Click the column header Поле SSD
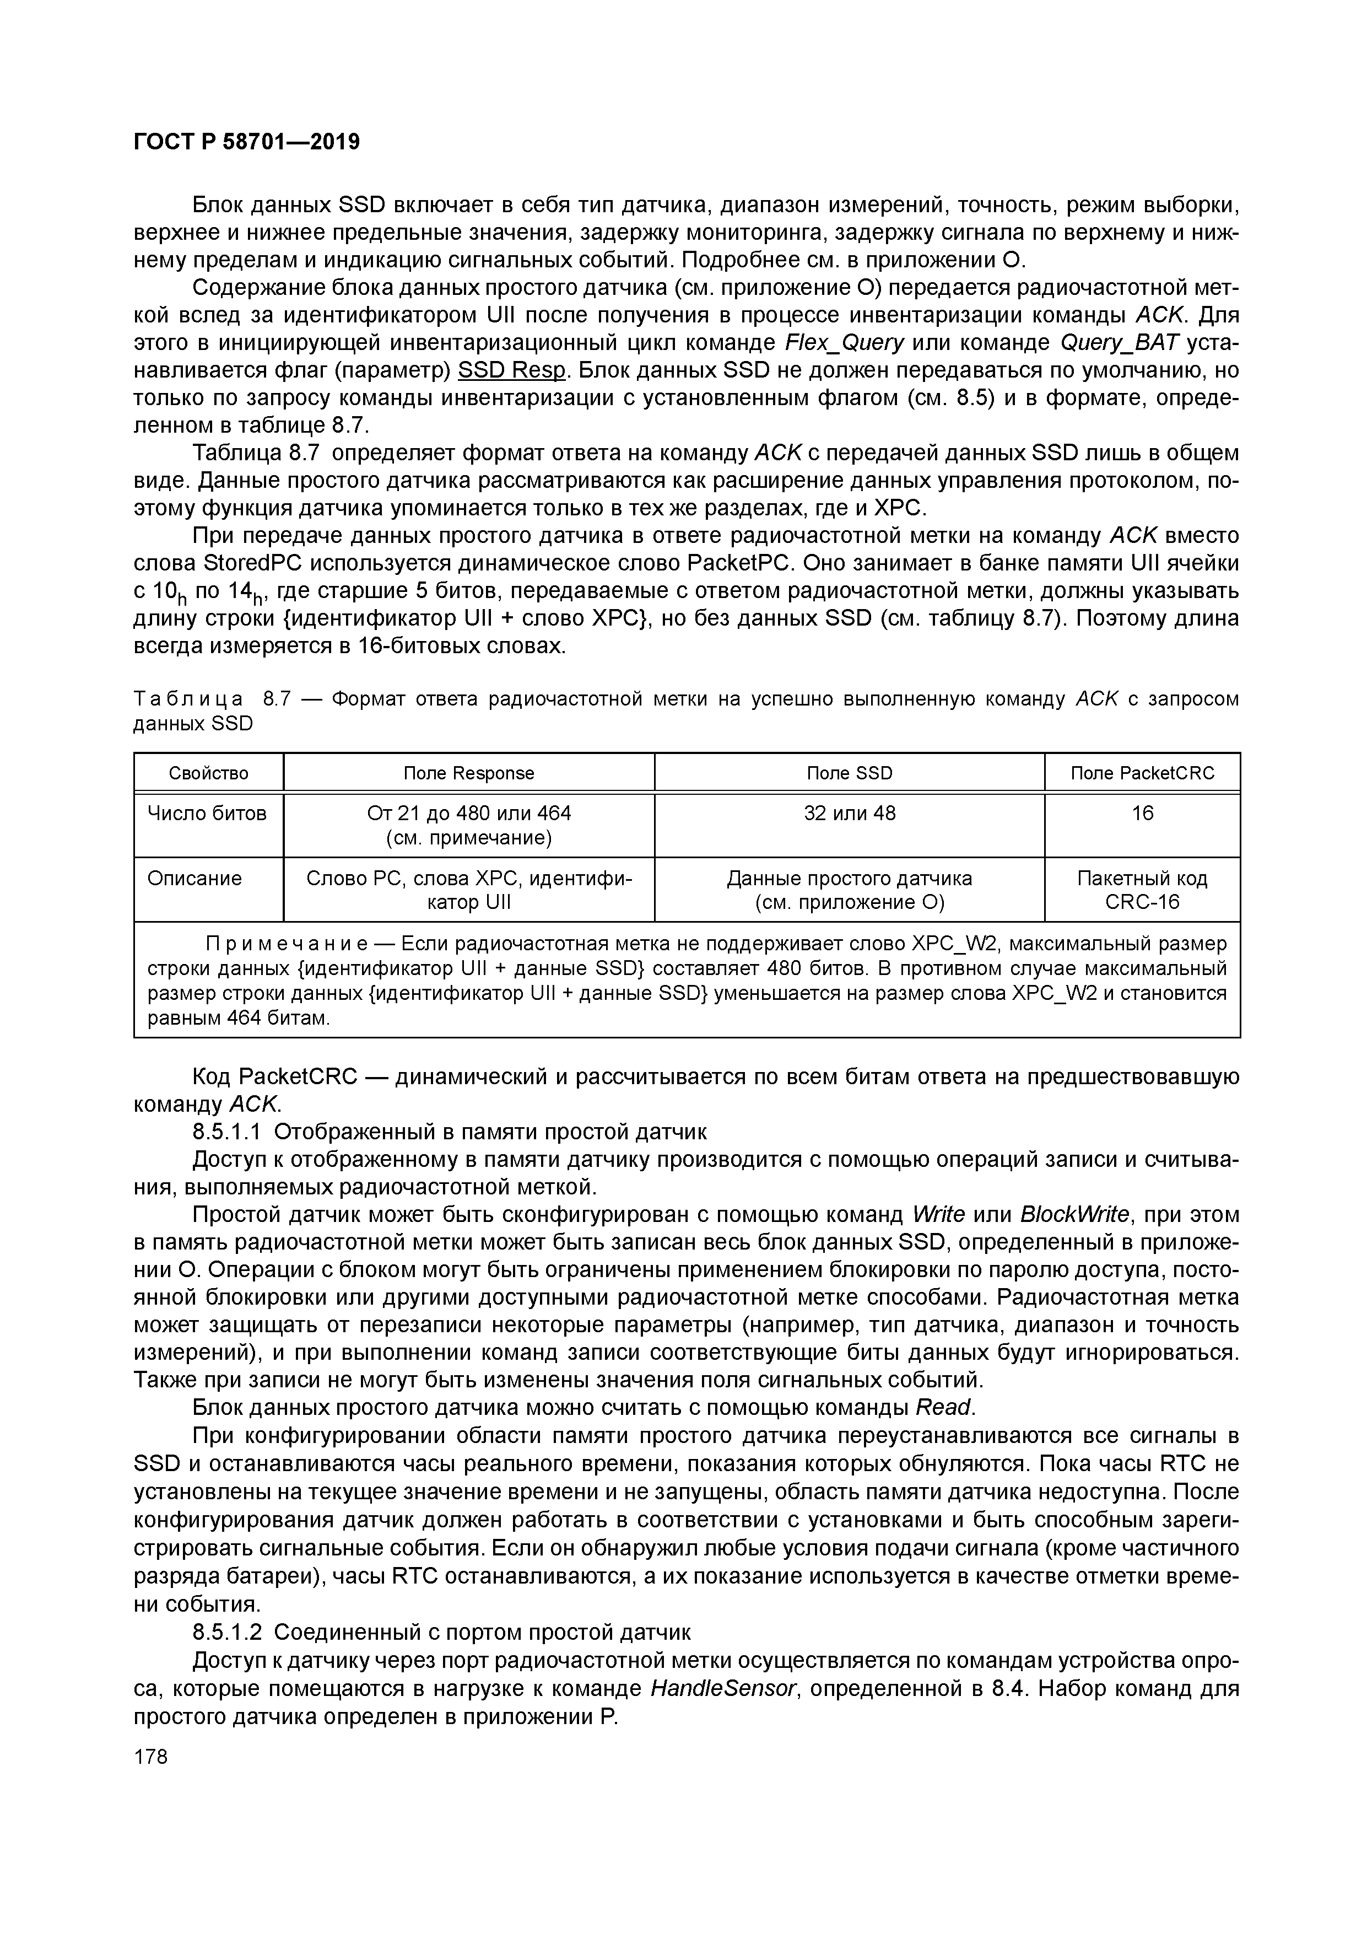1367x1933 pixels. coord(849,773)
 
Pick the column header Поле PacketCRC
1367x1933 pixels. coord(1142,773)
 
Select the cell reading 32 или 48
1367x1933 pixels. coord(849,814)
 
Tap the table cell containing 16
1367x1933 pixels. coord(1142,814)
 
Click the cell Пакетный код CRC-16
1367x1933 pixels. coord(1142,890)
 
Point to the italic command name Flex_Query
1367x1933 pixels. coord(844,343)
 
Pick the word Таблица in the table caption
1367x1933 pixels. coord(188,699)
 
